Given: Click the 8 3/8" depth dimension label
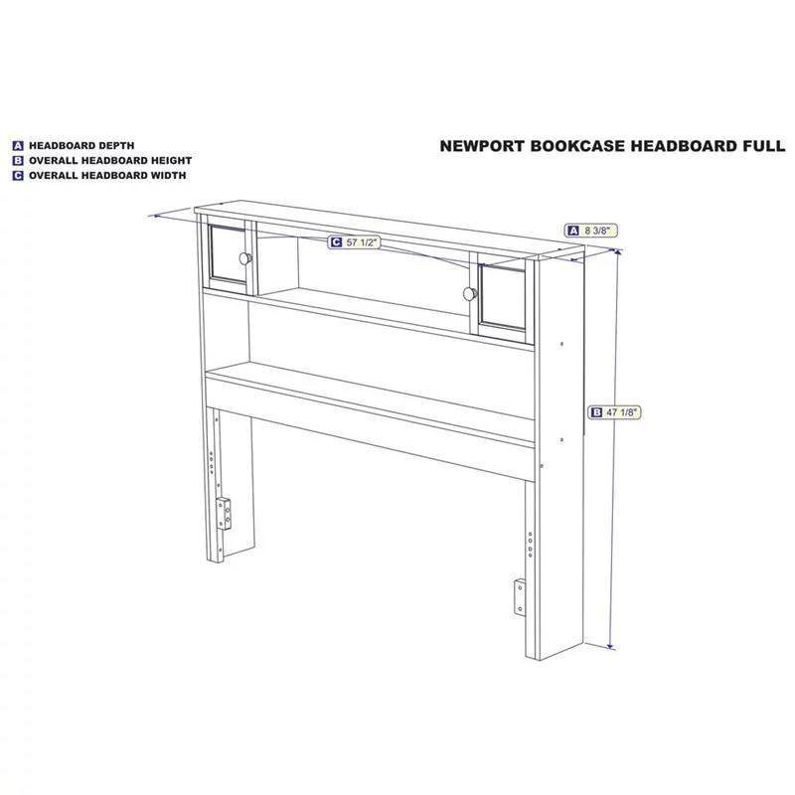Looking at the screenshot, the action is (x=591, y=231).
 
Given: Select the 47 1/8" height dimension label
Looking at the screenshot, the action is (x=614, y=412).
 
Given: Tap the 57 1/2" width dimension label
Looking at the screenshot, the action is (x=354, y=242).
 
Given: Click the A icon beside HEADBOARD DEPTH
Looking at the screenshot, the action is (x=18, y=146).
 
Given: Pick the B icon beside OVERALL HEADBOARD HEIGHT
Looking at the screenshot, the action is (x=18, y=161).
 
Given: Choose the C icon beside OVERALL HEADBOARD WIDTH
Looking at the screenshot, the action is (x=18, y=176).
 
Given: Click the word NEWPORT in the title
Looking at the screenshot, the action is (x=482, y=146).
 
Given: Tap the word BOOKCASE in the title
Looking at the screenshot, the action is (x=577, y=146).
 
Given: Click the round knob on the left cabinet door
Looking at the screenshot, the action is (x=245, y=258).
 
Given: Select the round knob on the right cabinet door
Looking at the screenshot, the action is (x=470, y=293).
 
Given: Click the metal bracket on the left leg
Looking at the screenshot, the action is (x=224, y=514).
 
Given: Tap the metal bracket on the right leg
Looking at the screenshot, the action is (x=520, y=597).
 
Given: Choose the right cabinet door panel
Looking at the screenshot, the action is (x=503, y=297).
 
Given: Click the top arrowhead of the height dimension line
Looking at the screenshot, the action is (x=617, y=252).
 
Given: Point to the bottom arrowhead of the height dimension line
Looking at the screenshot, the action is (x=611, y=646).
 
